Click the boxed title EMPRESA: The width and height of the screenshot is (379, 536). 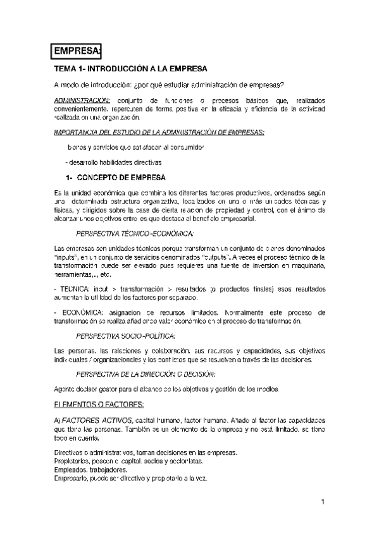[77, 51]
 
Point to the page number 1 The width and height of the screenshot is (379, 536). [322, 502]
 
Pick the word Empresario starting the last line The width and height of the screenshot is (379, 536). [75, 478]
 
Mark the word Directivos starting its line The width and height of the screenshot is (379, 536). [71, 453]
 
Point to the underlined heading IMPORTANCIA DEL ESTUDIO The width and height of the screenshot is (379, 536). [159, 132]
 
